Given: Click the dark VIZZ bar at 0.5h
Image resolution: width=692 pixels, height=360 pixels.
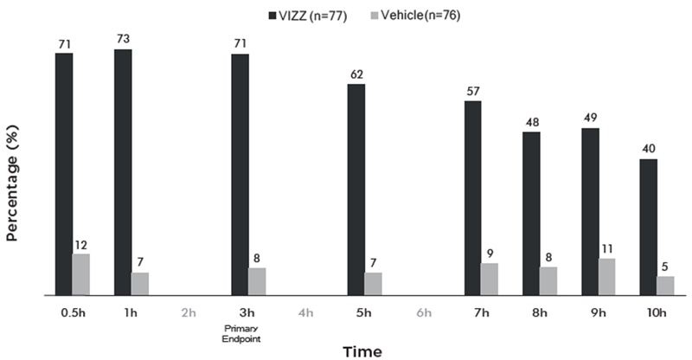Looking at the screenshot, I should pos(64,173).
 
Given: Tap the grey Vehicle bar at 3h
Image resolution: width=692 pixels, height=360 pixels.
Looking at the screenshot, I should pos(257,281).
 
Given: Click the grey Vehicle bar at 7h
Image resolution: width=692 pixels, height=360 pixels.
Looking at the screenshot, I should pos(490,279).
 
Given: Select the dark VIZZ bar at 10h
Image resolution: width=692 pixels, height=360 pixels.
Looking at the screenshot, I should pos(648,227).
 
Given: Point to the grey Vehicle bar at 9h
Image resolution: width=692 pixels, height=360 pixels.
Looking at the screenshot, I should pos(607,276).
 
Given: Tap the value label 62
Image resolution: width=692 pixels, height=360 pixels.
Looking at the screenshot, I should pos(356,74).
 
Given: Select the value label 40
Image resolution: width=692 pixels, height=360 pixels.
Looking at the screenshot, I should pos(648,149).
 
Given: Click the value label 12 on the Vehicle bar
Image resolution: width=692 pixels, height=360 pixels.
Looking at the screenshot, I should pos(80,244).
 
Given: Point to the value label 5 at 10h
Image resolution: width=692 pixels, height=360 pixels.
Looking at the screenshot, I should pos(665,267).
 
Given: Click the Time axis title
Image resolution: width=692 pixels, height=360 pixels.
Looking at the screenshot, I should pos(361,351).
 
